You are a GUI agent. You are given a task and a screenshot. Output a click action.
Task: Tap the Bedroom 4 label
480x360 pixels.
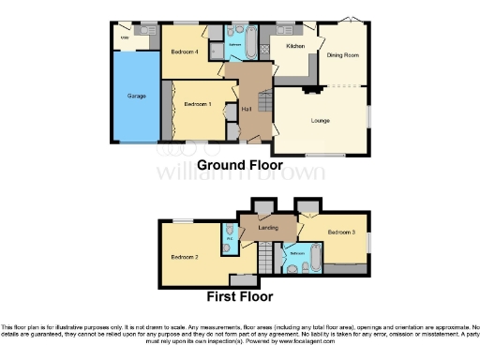tap(183, 52)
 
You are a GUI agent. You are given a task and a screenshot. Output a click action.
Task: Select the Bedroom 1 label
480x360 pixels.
tap(196, 103)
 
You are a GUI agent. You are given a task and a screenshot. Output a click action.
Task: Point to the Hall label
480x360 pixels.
tap(247, 110)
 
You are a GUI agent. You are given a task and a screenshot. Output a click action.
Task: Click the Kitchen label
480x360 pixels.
tap(295, 46)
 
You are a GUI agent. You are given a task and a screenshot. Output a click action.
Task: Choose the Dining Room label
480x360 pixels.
tap(343, 55)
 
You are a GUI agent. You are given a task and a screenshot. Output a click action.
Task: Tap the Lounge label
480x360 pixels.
tap(321, 120)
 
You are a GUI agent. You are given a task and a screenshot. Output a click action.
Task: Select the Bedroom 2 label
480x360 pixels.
tap(184, 257)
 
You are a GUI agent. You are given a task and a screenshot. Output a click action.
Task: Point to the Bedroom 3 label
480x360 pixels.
tap(340, 232)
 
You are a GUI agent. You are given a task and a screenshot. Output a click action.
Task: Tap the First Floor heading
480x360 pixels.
tap(240, 297)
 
